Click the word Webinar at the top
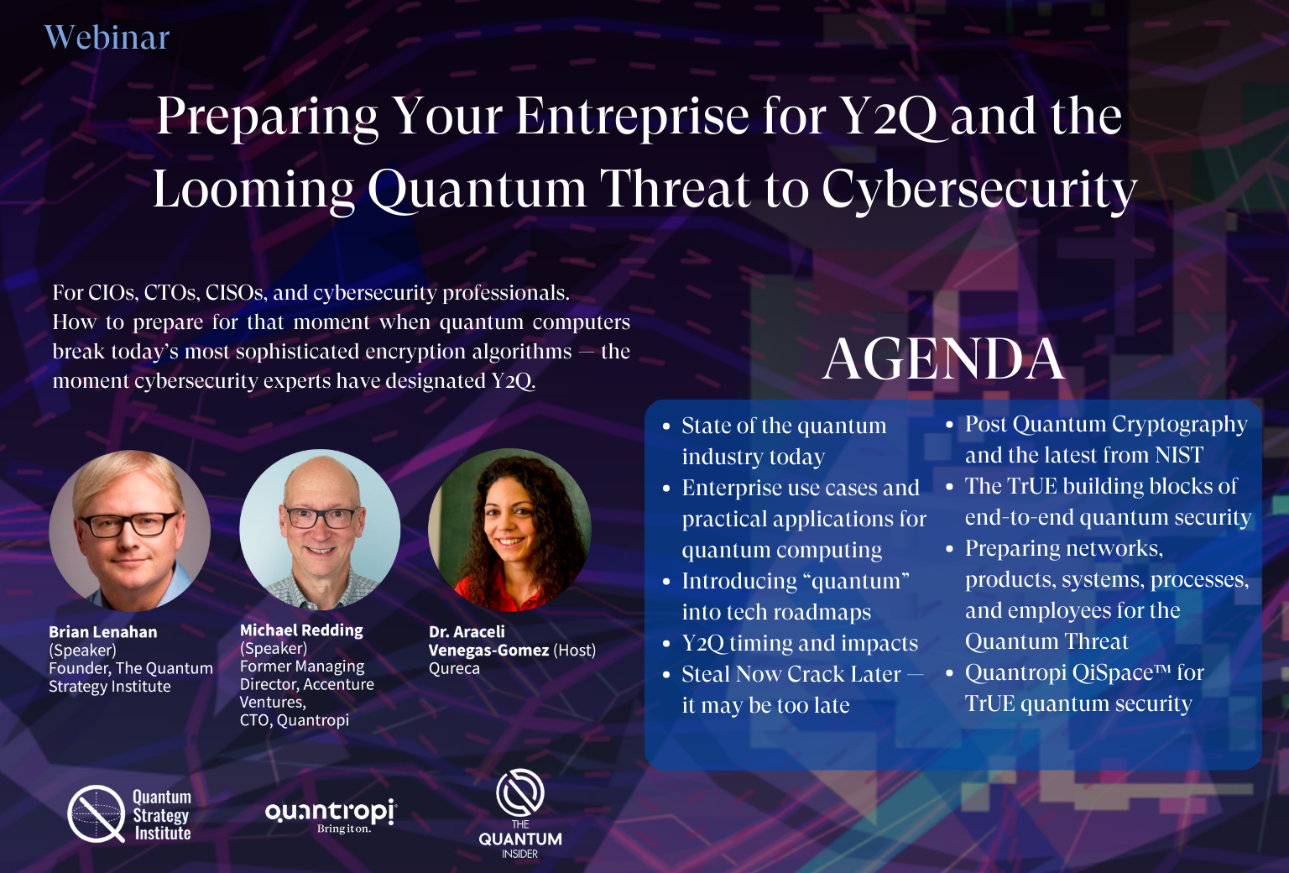(107, 38)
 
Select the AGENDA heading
(943, 359)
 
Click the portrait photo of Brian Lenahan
(130, 531)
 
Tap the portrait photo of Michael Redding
(320, 530)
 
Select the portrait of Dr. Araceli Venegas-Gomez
(509, 530)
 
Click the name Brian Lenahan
(102, 632)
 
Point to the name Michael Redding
(301, 630)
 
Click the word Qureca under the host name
(454, 669)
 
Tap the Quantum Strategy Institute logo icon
(97, 814)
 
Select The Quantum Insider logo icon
(520, 792)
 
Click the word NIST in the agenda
(1178, 455)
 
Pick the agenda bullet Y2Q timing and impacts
(800, 643)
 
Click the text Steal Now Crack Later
(791, 674)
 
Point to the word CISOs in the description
(236, 293)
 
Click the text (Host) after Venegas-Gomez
(574, 651)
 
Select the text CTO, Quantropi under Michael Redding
(294, 720)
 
